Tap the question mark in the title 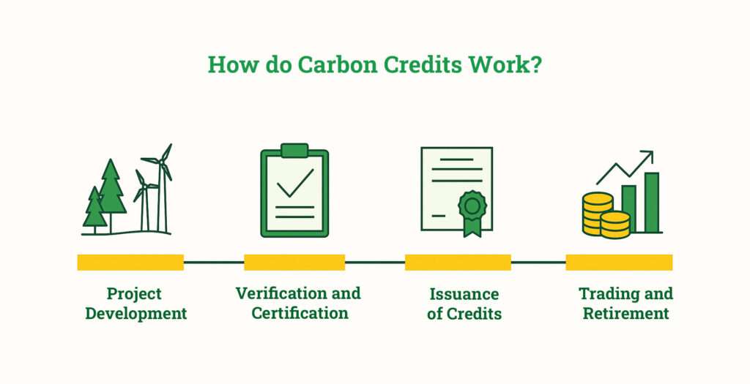click(537, 64)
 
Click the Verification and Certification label click(298, 303)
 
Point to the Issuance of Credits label click(464, 304)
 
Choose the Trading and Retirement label click(625, 303)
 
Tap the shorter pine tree click(94, 208)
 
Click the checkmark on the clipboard click(294, 183)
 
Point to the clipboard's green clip click(294, 151)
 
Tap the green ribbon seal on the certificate click(472, 208)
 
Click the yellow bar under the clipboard click(294, 262)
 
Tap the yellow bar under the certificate click(458, 262)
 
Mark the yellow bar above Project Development click(130, 262)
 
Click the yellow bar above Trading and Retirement click(619, 262)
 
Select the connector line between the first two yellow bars click(213, 262)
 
